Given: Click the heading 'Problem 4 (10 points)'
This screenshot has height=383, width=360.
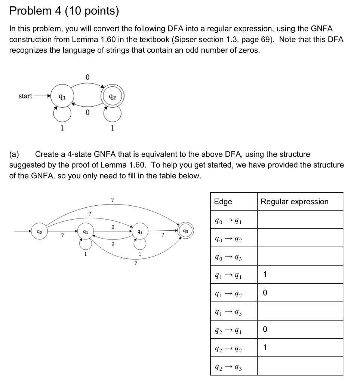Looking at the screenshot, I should pos(64,11).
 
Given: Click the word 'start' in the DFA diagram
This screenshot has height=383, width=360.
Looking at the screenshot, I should pos(25,96).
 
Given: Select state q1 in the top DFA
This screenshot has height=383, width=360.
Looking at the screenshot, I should pos(62,96).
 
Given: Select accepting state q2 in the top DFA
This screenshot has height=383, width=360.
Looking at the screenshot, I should pos(113,96).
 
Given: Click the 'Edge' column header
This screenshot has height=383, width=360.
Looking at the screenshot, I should pos(223,202).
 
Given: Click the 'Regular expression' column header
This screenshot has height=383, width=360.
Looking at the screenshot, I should pos(295,202).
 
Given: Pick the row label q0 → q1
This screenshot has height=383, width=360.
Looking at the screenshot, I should pos(229,220).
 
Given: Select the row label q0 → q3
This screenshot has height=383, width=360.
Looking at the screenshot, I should pos(229,257).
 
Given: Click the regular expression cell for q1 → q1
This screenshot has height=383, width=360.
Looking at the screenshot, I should pos(300,275).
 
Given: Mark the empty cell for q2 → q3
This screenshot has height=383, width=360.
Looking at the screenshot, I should pos(300,367).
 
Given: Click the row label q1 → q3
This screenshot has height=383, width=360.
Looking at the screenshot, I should pos(229,312).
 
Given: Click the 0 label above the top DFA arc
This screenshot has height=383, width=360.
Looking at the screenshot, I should pos(87,77).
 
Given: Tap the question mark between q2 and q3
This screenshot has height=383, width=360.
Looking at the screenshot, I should pos(163,235).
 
